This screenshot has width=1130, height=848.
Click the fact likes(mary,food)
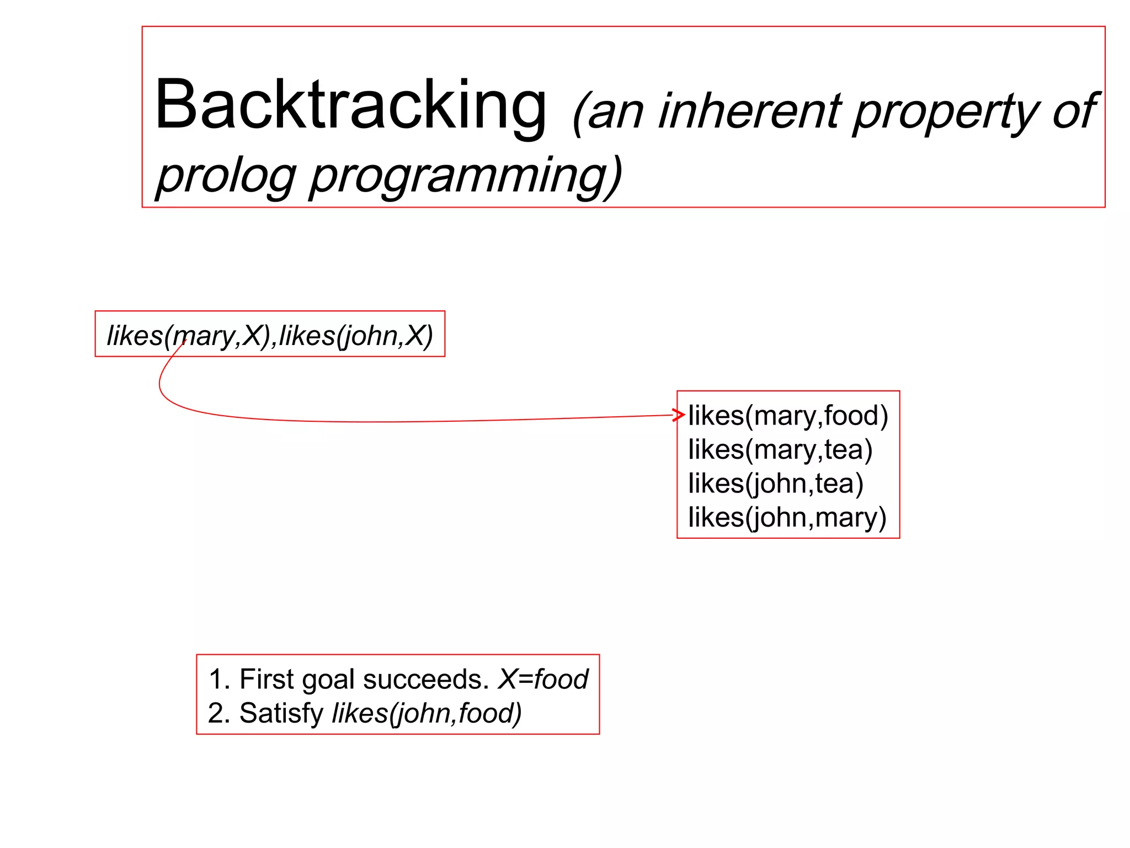click(788, 416)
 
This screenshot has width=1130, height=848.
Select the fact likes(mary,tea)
click(780, 449)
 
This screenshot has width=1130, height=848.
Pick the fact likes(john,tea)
click(775, 484)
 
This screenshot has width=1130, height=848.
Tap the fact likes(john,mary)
click(787, 517)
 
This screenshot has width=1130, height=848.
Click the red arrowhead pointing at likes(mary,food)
click(679, 415)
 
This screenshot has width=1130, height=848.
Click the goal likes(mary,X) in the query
click(188, 335)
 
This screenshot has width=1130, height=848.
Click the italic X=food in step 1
click(543, 679)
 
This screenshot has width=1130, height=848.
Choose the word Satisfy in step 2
click(281, 713)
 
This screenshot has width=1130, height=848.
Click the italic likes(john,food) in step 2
click(427, 713)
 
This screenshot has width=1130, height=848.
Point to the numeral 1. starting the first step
click(219, 679)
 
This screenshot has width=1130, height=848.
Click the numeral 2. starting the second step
click(219, 713)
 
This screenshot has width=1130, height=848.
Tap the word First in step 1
click(266, 679)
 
